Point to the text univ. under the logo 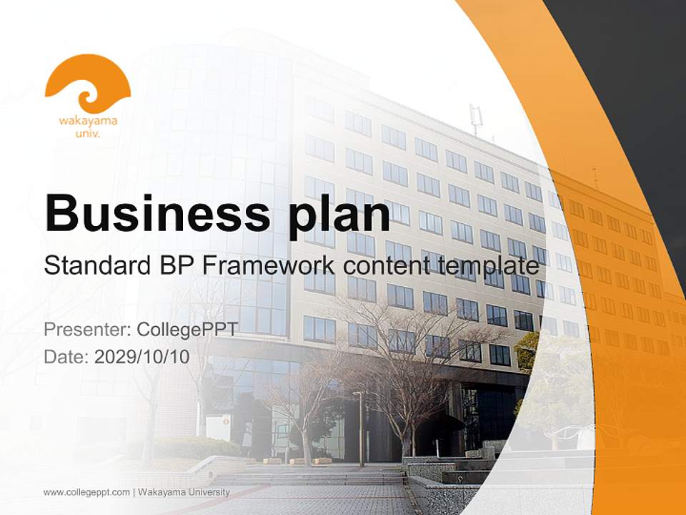coord(88,133)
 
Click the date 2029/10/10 coord(142,356)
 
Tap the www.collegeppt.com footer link coord(86,492)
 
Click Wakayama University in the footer coord(184,492)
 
